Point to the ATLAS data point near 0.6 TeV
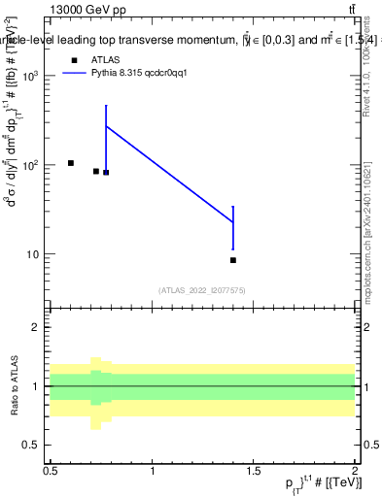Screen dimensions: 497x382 pyautogui.click(x=71, y=163)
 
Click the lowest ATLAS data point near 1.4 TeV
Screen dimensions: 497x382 pyautogui.click(x=233, y=260)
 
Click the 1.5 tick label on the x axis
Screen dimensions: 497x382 pyautogui.click(x=254, y=471)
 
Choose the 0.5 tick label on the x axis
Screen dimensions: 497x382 pyautogui.click(x=51, y=471)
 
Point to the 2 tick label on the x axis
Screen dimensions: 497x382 pyautogui.click(x=355, y=471)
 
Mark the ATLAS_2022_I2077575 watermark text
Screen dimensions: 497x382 pyautogui.click(x=203, y=289)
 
